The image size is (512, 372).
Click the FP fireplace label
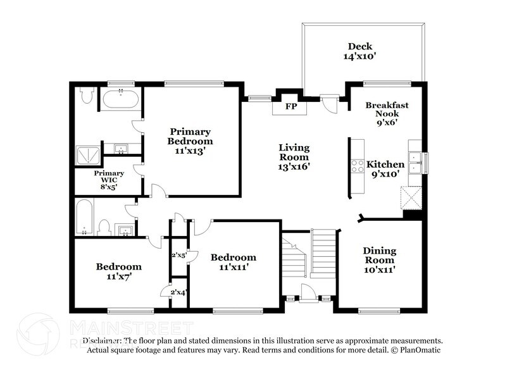(290, 106)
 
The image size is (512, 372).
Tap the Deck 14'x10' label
(359, 51)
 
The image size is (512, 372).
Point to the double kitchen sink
(415, 163)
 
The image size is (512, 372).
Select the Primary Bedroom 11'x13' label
(190, 141)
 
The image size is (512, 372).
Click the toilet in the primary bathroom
(87, 96)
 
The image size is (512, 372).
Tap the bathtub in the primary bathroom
(121, 99)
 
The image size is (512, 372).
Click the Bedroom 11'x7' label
(118, 271)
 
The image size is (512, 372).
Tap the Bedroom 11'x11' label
(234, 262)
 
